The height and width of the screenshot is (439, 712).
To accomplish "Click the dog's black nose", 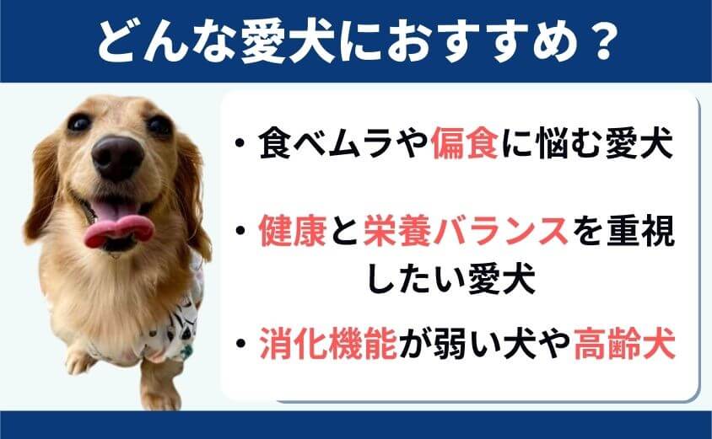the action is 117,156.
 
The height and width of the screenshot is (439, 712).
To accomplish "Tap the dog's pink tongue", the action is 119,226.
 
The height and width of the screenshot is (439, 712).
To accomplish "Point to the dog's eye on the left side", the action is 78,122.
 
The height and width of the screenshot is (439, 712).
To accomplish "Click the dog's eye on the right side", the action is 159,126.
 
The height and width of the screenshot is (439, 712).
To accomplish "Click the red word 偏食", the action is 465,144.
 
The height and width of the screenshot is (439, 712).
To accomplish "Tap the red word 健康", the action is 293,230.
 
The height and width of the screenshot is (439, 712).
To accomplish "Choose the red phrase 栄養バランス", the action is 466,230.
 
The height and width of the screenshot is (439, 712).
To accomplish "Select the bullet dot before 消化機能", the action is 240,343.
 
